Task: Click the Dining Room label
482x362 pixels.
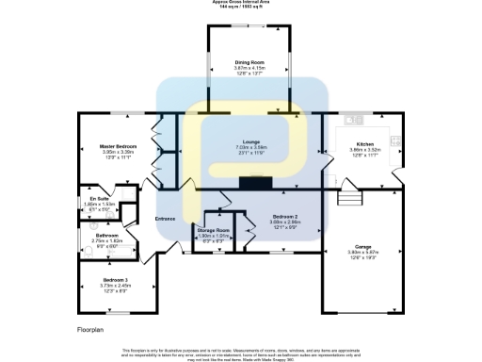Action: click(x=249, y=62)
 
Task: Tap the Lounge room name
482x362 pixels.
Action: click(x=250, y=142)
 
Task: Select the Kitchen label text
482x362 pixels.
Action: click(x=363, y=144)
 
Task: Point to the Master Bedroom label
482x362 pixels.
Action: click(x=119, y=146)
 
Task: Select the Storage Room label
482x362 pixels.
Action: click(x=213, y=230)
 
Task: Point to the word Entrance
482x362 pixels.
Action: click(x=166, y=218)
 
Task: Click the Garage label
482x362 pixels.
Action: click(x=363, y=246)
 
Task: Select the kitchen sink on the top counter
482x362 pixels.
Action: click(x=355, y=120)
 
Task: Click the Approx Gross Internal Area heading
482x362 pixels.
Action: click(x=241, y=3)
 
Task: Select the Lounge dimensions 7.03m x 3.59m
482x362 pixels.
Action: click(x=250, y=148)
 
